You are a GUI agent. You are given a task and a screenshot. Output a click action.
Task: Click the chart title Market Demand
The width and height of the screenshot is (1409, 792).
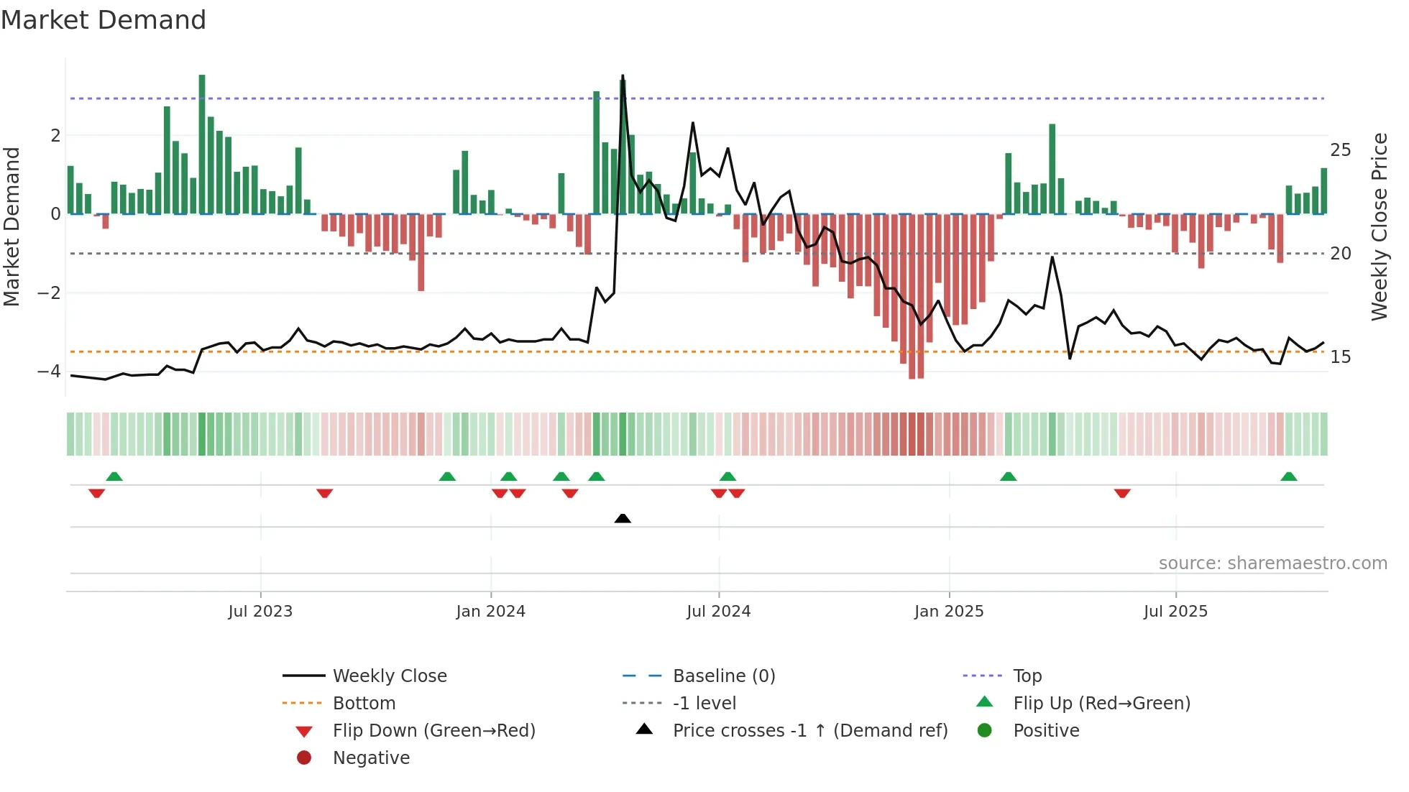[x=104, y=20]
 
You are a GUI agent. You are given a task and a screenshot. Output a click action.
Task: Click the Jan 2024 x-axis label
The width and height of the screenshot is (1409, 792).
[x=490, y=612]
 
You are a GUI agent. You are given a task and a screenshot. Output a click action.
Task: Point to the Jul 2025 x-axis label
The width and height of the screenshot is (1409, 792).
[x=1175, y=612]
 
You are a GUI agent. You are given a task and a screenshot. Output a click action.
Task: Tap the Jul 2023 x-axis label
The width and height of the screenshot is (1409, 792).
[x=260, y=612]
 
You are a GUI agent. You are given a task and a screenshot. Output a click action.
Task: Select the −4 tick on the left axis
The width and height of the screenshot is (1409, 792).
[x=49, y=372]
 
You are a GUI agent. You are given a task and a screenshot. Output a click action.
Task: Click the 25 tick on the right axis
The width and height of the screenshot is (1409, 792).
[x=1340, y=150]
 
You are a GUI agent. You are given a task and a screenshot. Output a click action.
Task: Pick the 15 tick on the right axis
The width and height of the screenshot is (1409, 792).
[x=1340, y=357]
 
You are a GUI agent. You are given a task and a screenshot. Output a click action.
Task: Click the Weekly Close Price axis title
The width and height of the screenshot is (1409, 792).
[x=1379, y=226]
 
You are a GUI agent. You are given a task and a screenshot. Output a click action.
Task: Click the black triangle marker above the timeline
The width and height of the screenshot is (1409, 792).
[x=623, y=518]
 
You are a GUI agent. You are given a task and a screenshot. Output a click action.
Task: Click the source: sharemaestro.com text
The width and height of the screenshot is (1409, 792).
[x=1272, y=563]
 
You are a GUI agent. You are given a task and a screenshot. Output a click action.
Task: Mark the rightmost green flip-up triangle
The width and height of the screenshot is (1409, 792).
[x=1288, y=476]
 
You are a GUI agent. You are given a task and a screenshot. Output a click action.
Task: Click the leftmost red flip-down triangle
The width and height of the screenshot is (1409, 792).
[x=96, y=493]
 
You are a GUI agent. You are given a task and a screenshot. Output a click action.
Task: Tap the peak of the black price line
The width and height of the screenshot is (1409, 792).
[x=623, y=76]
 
